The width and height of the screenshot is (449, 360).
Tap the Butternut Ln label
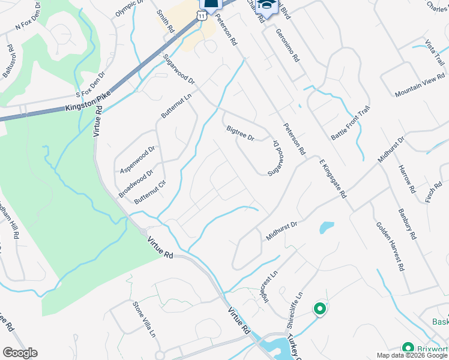(x=175, y=106)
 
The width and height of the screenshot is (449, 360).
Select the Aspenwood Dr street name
(x=137, y=159)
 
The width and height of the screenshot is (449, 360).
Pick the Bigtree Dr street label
(x=241, y=133)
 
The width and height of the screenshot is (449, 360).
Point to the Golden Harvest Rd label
(x=389, y=246)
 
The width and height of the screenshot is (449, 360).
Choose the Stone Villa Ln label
(x=144, y=319)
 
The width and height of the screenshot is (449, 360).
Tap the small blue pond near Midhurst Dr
(x=327, y=228)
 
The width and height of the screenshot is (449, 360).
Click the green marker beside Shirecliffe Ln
(x=320, y=310)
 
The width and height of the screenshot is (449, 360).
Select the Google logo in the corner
(x=20, y=353)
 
